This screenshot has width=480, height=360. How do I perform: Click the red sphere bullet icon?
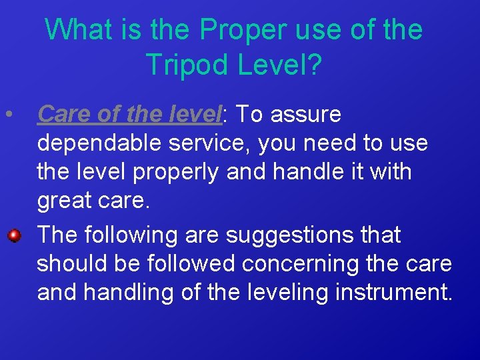point(13,235)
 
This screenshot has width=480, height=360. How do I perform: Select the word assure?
point(308,115)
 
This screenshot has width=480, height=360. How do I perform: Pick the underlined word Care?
point(63,115)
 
